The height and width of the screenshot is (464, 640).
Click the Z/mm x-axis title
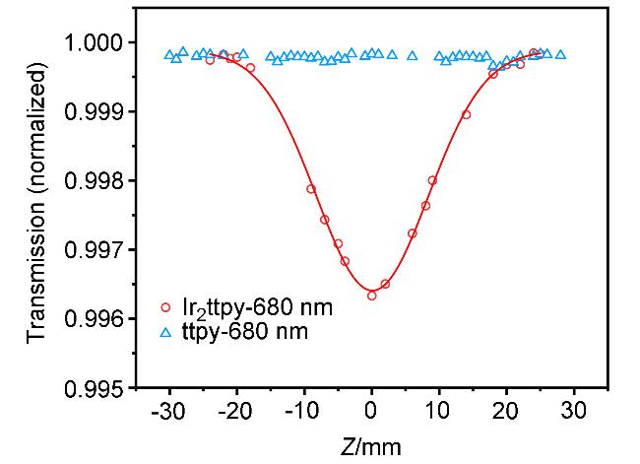[370, 445]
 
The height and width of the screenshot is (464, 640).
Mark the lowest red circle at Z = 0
[371, 296]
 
